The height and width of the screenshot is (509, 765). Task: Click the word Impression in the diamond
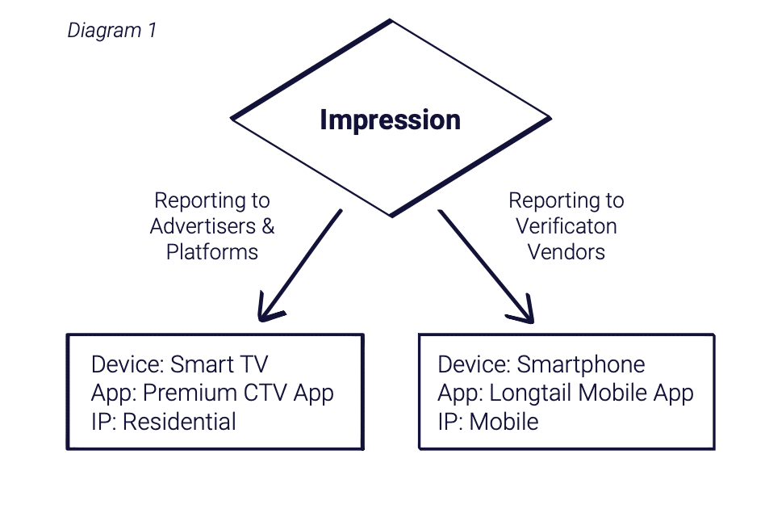tap(390, 120)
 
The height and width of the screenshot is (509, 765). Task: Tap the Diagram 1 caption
tap(111, 31)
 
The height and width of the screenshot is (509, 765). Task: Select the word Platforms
tap(212, 252)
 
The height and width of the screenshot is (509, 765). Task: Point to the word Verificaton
tap(566, 226)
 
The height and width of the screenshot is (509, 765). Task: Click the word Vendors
tap(566, 252)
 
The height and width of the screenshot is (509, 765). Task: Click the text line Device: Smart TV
tap(179, 365)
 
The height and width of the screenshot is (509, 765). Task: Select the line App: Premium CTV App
tap(212, 393)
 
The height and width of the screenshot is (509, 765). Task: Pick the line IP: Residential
tap(164, 421)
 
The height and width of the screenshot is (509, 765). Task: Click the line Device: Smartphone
tap(541, 365)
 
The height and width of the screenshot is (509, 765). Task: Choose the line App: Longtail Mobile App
tap(565, 393)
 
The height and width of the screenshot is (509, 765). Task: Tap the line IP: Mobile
tap(487, 421)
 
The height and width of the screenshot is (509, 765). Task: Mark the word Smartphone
tap(580, 365)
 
